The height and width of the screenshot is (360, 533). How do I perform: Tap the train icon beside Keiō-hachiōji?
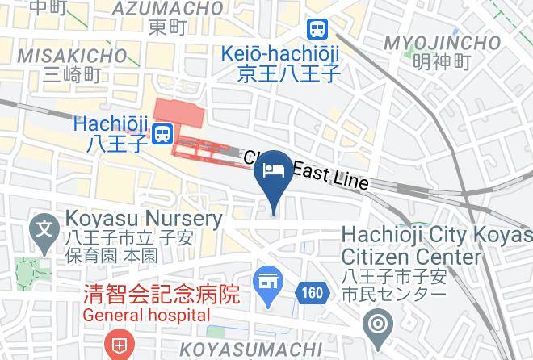click(317, 30)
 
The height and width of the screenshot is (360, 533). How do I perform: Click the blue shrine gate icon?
click(266, 283)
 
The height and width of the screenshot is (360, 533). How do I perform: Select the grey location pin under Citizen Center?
click(377, 326)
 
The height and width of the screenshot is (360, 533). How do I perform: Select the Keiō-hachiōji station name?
click(280, 55)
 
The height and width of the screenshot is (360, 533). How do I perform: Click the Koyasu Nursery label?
click(144, 219)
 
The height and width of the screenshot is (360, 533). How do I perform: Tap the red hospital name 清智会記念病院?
click(162, 295)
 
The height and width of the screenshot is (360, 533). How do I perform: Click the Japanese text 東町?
click(168, 27)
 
